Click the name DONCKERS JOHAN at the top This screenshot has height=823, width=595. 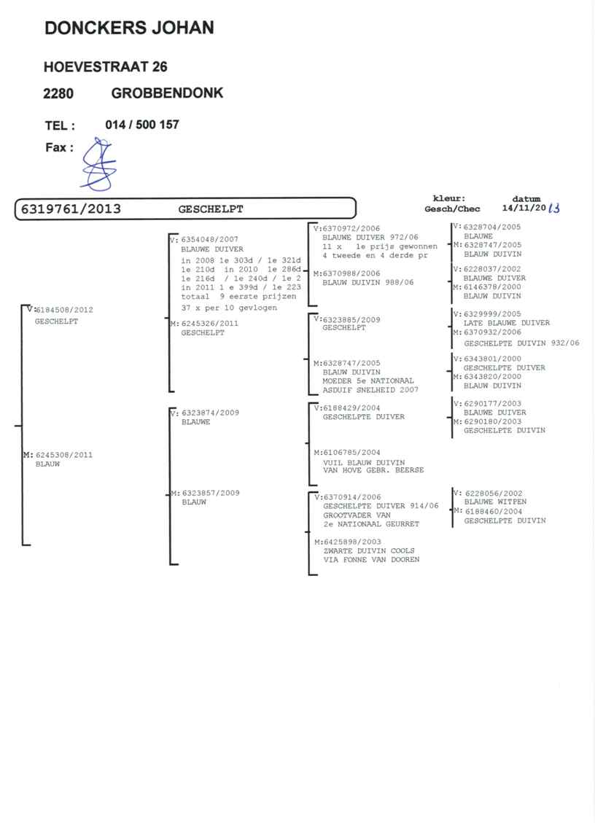point(129,28)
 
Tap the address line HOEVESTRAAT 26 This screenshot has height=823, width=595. point(106,66)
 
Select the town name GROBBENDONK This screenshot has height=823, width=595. point(168,93)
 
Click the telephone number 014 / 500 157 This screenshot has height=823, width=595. point(142,125)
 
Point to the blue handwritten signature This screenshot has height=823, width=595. point(98,164)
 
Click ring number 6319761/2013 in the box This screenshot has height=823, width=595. point(71,209)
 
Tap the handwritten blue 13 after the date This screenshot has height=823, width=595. point(553,208)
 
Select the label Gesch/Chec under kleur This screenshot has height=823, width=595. point(452,209)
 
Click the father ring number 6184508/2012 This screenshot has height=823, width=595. point(64,310)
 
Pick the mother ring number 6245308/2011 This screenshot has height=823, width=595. point(63,455)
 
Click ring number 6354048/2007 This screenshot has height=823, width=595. point(209,239)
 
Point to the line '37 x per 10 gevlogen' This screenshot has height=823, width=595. point(229,308)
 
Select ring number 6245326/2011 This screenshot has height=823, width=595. point(209,324)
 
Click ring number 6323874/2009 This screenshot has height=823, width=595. point(210,413)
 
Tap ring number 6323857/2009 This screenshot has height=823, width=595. point(211,493)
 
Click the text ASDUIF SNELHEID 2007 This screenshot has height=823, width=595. point(370,389)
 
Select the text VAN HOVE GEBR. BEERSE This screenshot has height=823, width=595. point(373,469)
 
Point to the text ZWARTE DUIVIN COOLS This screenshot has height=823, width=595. point(369,550)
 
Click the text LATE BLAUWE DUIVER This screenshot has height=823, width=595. point(506,323)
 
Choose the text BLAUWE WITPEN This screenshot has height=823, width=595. point(495,502)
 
